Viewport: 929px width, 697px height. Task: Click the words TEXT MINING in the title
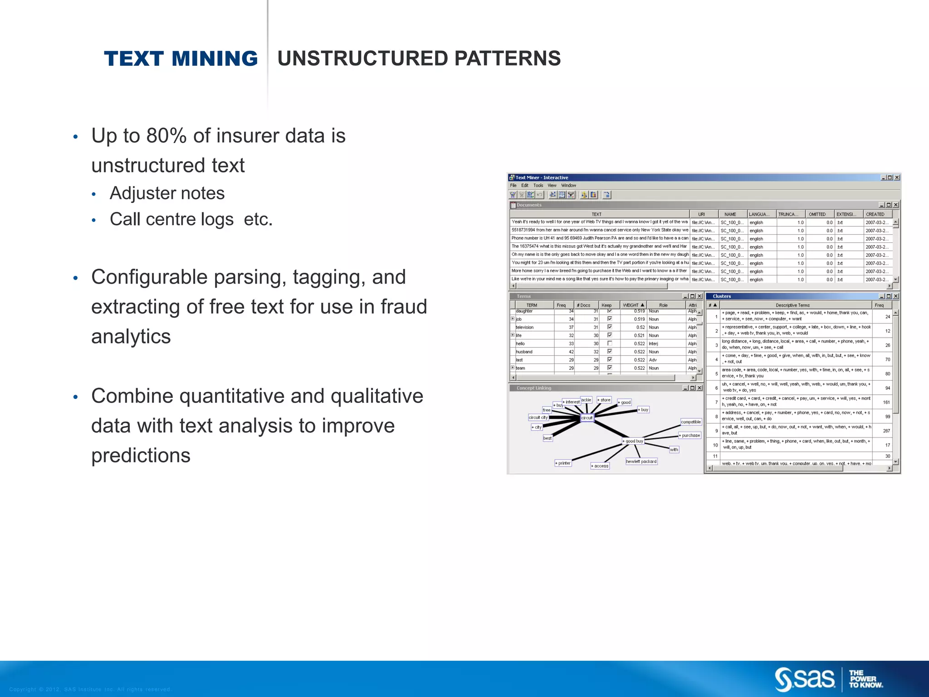181,59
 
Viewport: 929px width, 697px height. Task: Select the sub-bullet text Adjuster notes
167,193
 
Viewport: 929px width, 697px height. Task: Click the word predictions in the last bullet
141,455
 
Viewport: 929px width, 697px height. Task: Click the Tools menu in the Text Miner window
538,186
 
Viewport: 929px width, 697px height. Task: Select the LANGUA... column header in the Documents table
759,214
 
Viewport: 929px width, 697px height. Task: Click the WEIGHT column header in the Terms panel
633,305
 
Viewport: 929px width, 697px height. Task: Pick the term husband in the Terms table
524,352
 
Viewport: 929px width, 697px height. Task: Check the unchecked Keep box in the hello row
610,344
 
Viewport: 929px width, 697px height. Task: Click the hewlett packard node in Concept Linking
641,461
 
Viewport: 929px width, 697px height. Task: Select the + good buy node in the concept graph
633,441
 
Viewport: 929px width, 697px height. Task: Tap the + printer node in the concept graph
563,463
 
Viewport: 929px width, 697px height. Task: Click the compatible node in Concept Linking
691,422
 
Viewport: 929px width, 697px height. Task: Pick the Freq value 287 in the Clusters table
886,431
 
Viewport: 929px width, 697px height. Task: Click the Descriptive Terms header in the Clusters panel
792,305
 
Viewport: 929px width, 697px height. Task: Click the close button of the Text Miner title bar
897,177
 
